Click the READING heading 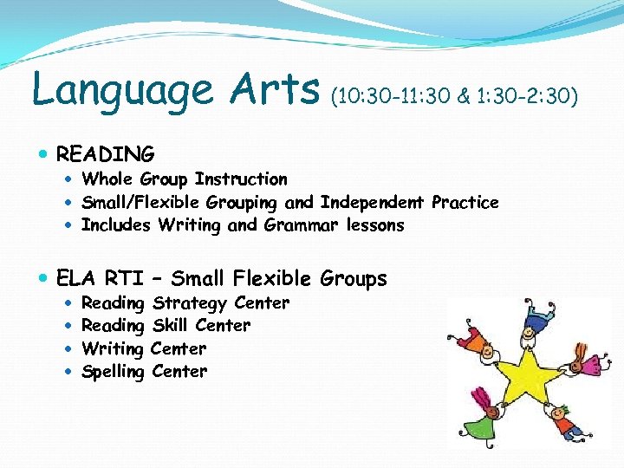(x=105, y=154)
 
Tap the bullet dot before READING (x=43, y=154)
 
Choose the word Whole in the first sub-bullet (x=107, y=179)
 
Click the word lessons (x=375, y=225)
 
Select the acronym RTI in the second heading (x=124, y=278)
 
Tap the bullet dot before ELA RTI (x=43, y=278)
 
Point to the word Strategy (x=189, y=303)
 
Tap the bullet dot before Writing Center (x=69, y=349)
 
